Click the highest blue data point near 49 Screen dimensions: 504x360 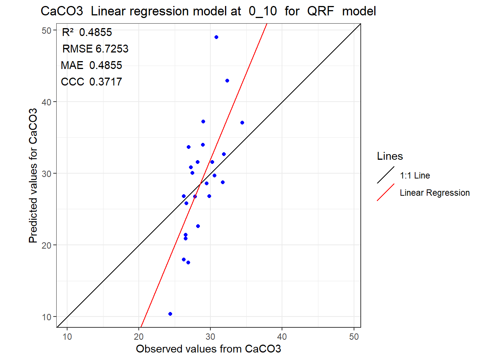pyautogui.click(x=216, y=37)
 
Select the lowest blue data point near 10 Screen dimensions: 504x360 pyautogui.click(x=170, y=314)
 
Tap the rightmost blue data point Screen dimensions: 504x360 pyautogui.click(x=242, y=123)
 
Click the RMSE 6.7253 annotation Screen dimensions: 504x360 pyautogui.click(x=95, y=49)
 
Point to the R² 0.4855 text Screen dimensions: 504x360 pyautogui.click(x=87, y=32)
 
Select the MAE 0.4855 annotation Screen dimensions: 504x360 pyautogui.click(x=91, y=65)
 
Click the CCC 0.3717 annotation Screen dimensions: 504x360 pyautogui.click(x=91, y=82)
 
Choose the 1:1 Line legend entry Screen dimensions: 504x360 pyautogui.click(x=415, y=175)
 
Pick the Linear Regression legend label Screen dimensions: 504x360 pyautogui.click(x=435, y=193)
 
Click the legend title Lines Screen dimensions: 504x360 pyautogui.click(x=390, y=156)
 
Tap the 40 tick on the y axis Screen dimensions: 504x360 pyautogui.click(x=46, y=102)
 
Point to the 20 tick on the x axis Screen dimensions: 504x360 pyautogui.click(x=139, y=337)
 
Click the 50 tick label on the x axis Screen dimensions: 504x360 pyautogui.click(x=354, y=337)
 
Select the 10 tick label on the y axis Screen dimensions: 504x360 pyautogui.click(x=46, y=317)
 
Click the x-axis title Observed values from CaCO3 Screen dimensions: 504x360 pyautogui.click(x=208, y=349)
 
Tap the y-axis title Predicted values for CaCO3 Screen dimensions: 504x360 pyautogui.click(x=33, y=175)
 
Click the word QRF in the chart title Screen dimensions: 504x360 pyautogui.click(x=320, y=11)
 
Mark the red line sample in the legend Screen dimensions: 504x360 pyautogui.click(x=385, y=192)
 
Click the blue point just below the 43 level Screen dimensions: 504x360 pyautogui.click(x=227, y=81)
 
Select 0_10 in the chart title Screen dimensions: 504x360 pyautogui.click(x=262, y=11)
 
